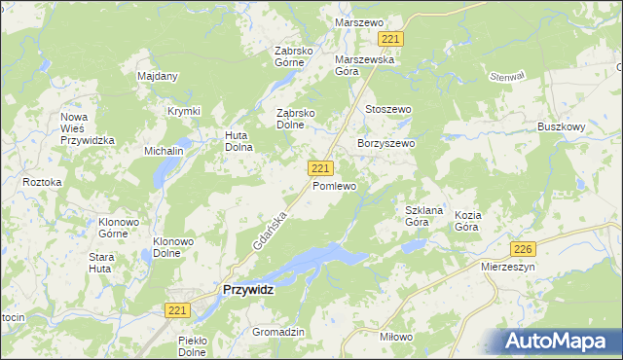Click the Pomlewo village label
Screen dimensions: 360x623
[x=334, y=186]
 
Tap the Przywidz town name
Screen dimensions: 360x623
[x=248, y=289]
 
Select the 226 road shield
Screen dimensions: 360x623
[x=524, y=248]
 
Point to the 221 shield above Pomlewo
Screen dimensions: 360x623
[x=320, y=168]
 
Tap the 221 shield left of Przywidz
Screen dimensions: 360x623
[x=176, y=309]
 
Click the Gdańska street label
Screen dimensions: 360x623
[x=270, y=231]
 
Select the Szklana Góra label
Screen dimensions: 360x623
[x=424, y=216]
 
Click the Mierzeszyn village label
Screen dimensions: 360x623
[x=509, y=265]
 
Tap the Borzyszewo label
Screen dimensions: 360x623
[x=386, y=143]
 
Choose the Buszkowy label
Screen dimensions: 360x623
[x=561, y=126]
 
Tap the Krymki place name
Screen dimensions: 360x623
[x=183, y=111]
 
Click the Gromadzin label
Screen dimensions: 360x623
[x=278, y=332]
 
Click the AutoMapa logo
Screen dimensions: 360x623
[x=557, y=341]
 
